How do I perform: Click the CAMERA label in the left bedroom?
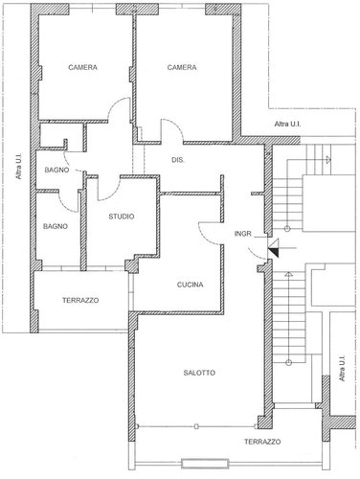pyautogui.click(x=84, y=67)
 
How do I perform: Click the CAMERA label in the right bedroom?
pyautogui.click(x=181, y=67)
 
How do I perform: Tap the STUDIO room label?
pyautogui.click(x=121, y=217)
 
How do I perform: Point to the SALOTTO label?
pyautogui.click(x=199, y=373)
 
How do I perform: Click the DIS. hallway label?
pyautogui.click(x=177, y=159)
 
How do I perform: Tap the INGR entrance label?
pyautogui.click(x=242, y=233)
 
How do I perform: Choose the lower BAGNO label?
pyautogui.click(x=55, y=226)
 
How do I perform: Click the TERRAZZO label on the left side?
pyautogui.click(x=80, y=300)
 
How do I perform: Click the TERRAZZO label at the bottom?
pyautogui.click(x=261, y=442)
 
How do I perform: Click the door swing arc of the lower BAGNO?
pyautogui.click(x=70, y=199)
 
